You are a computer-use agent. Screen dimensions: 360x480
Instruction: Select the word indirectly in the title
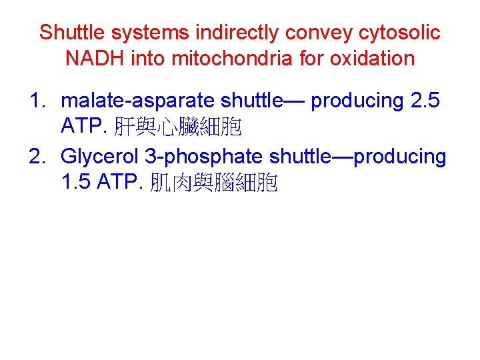pos(223,32)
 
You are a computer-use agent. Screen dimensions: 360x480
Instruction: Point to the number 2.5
pos(427,101)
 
